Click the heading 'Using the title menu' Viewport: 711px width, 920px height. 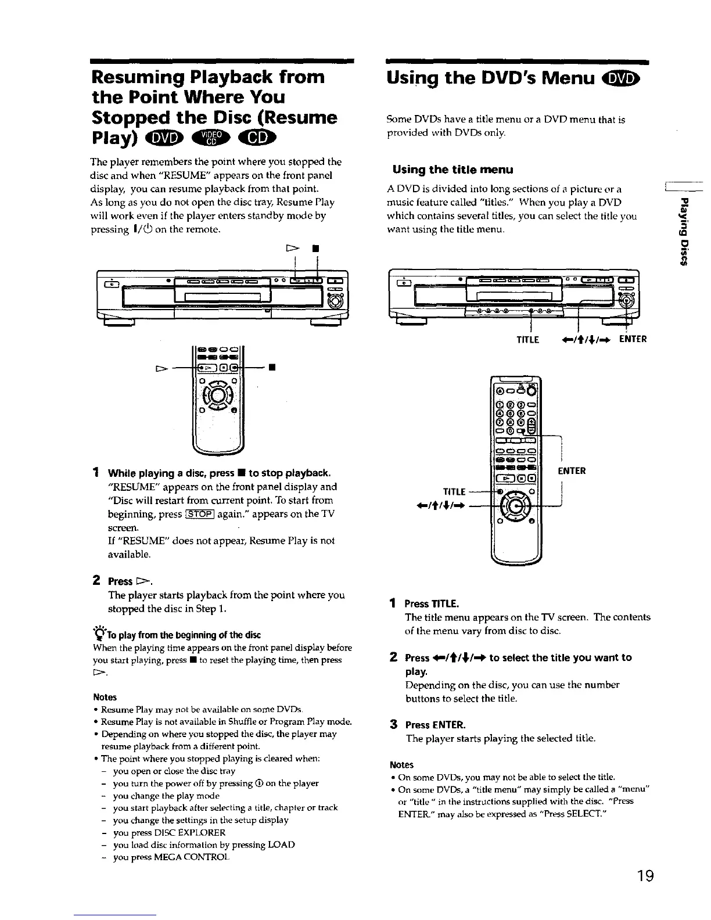[x=453, y=170]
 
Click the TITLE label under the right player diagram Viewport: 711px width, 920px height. [x=528, y=340]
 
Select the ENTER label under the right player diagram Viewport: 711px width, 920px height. [x=634, y=340]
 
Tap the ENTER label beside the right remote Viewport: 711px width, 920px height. [x=572, y=470]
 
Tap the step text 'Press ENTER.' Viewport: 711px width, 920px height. [x=435, y=725]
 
